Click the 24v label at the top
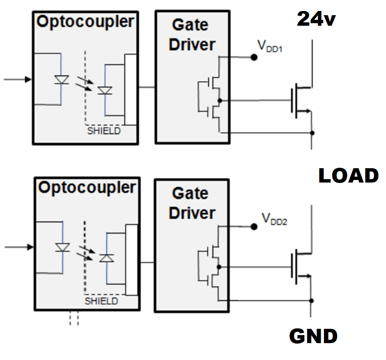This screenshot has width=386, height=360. coord(316,19)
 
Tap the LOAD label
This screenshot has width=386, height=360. coord(348,176)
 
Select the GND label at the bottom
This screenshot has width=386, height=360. coord(313,336)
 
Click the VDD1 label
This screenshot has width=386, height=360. coord(269,46)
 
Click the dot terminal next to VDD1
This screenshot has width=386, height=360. coord(254,57)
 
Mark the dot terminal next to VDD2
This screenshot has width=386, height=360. coord(254,227)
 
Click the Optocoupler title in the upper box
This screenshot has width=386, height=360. coord(86,21)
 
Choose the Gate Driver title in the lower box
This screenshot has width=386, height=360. coord(192,203)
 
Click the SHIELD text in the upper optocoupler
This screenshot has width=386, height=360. coord(104,131)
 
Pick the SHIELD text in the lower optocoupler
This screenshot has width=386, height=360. coord(102,301)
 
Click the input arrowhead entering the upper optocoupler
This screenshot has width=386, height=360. coord(28,79)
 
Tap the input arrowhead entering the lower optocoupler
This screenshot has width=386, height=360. coord(28,247)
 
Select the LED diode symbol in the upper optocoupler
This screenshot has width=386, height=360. coord(62,79)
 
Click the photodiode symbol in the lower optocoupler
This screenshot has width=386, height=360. coord(105,257)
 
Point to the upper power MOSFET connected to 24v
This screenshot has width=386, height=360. coord(300,100)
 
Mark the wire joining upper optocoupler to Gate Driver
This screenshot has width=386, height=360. coord(146,87)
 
